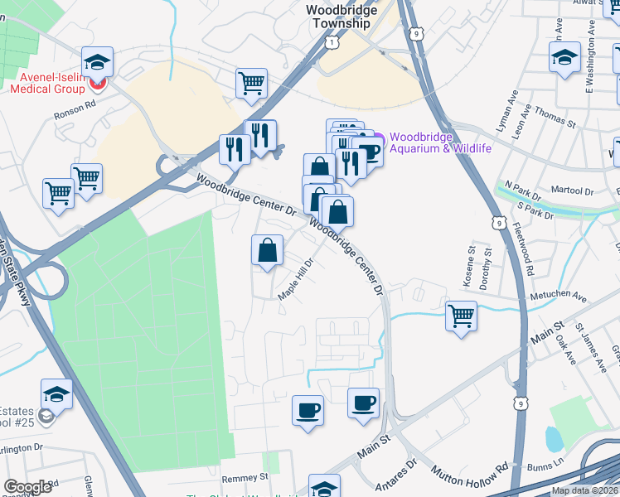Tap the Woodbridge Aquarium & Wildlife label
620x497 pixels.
pyautogui.click(x=440, y=142)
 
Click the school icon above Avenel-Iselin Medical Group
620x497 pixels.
pyautogui.click(x=97, y=62)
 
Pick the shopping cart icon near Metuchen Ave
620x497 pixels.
pyautogui.click(x=461, y=316)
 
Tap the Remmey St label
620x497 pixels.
pyautogui.click(x=245, y=478)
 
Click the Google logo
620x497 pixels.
pyautogui.click(x=27, y=487)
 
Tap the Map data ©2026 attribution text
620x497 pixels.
pyautogui.click(x=584, y=490)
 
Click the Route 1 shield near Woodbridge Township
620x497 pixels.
pyautogui.click(x=332, y=41)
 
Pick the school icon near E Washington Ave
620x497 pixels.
pyautogui.click(x=564, y=58)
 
